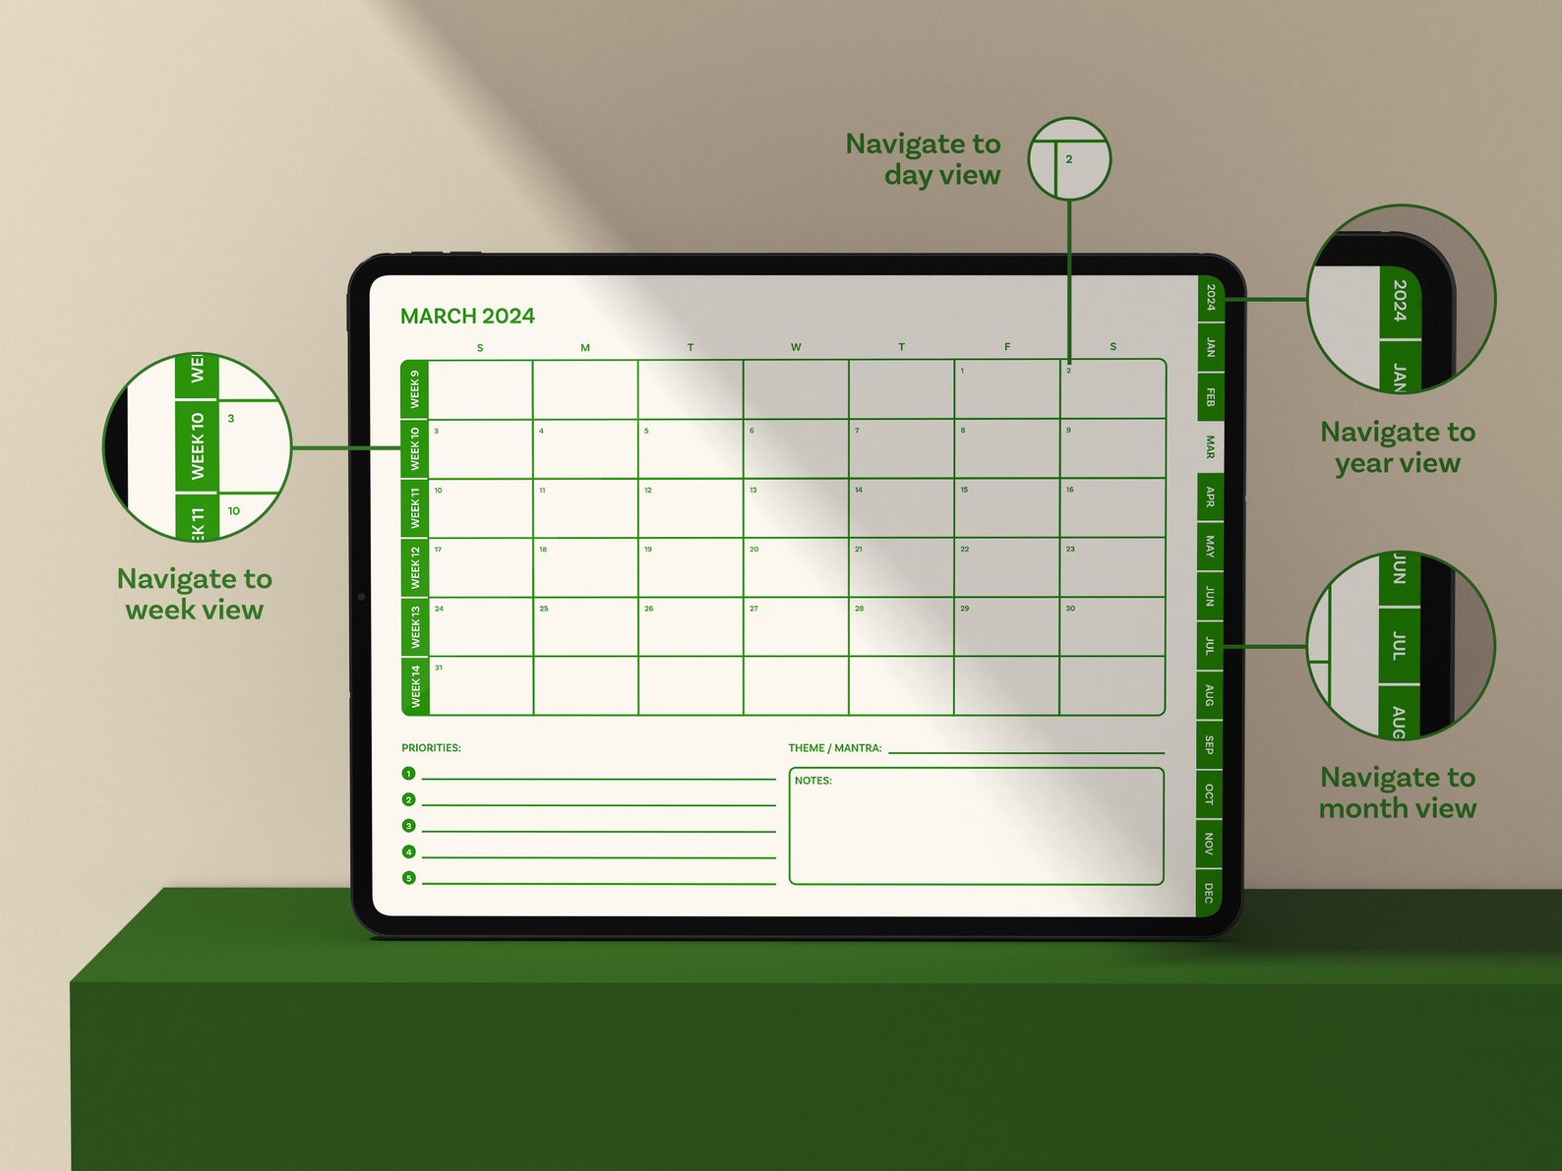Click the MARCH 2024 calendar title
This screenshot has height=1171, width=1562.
click(x=467, y=316)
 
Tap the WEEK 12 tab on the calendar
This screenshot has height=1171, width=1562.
click(x=415, y=567)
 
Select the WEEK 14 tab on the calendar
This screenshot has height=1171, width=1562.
click(x=415, y=686)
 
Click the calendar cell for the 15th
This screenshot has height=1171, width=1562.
click(x=1006, y=508)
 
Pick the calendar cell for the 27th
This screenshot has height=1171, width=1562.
click(x=796, y=626)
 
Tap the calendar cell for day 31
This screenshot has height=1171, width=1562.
click(x=481, y=686)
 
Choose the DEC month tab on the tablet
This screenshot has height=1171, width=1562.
click(x=1209, y=893)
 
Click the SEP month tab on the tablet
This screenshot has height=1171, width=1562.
click(x=1209, y=744)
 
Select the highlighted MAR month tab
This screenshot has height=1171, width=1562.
click(x=1210, y=447)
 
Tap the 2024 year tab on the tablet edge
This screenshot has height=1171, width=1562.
click(x=1210, y=297)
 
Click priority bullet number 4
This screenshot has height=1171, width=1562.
click(x=409, y=851)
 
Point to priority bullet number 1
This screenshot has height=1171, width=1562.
click(x=409, y=774)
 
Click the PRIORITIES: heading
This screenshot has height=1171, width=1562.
click(x=431, y=748)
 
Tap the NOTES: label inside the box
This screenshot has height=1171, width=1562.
click(x=813, y=781)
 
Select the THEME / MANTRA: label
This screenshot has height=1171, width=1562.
click(x=835, y=748)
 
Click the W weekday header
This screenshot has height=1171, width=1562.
click(x=796, y=347)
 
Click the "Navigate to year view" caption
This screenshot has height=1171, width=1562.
click(x=1398, y=447)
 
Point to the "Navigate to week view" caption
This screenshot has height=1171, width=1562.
click(x=195, y=594)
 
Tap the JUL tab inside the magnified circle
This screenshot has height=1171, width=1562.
click(x=1399, y=646)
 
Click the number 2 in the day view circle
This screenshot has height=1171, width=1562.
click(x=1069, y=159)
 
